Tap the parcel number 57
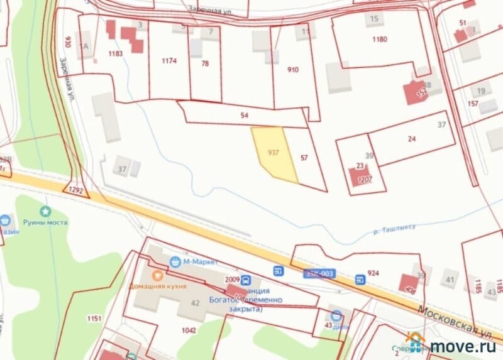304,158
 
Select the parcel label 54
245,116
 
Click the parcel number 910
293,70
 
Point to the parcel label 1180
379,39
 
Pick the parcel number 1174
169,60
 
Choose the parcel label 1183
115,53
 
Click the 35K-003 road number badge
320,273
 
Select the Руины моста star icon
45,211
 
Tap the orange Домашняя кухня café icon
157,274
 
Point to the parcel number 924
373,273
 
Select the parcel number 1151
94,319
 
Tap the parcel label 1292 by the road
75,188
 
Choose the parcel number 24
412,139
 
